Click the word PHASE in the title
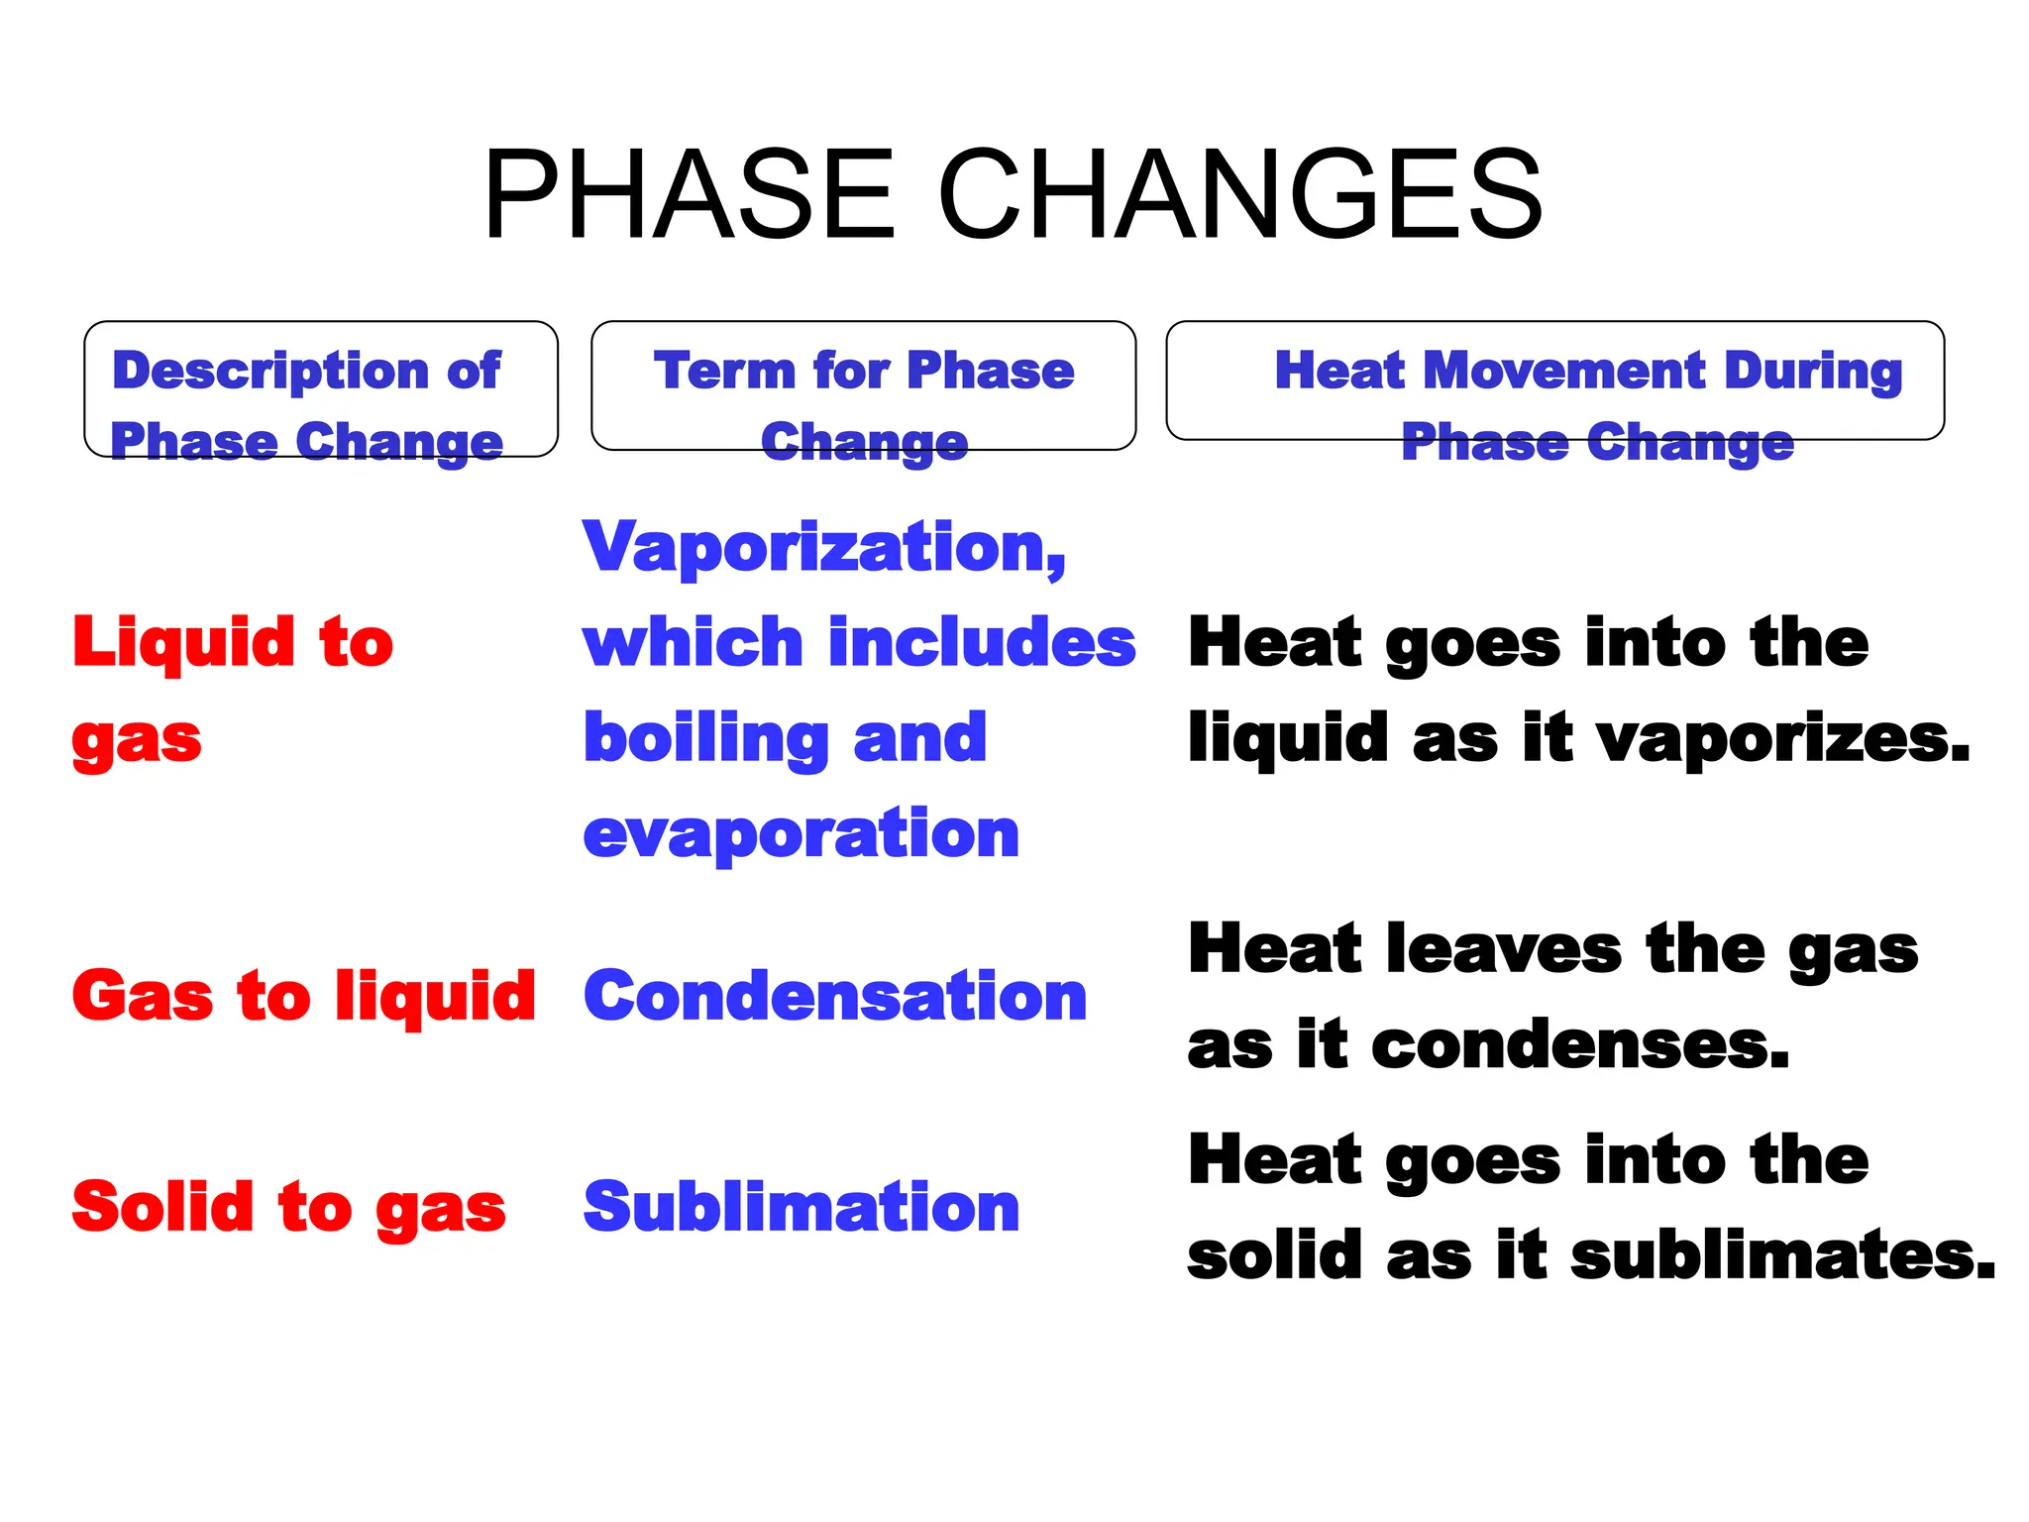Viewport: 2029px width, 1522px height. (x=690, y=194)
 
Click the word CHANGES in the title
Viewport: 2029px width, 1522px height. (x=1239, y=194)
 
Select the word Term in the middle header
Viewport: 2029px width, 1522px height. (x=723, y=372)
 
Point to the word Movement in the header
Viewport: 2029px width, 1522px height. (x=1564, y=372)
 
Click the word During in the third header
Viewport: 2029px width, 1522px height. (x=1813, y=372)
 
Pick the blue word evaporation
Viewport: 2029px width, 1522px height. (x=801, y=833)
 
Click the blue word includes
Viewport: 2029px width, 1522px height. (x=982, y=642)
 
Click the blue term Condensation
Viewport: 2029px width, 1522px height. (x=835, y=996)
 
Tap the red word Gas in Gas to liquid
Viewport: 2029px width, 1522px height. (x=143, y=996)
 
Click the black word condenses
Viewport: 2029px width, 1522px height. (x=1580, y=1044)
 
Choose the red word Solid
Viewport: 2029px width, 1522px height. (x=163, y=1207)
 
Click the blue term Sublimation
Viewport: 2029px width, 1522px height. (x=801, y=1207)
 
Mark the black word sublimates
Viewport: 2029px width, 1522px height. (x=1782, y=1254)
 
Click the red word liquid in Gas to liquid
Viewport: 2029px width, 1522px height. (x=435, y=996)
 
